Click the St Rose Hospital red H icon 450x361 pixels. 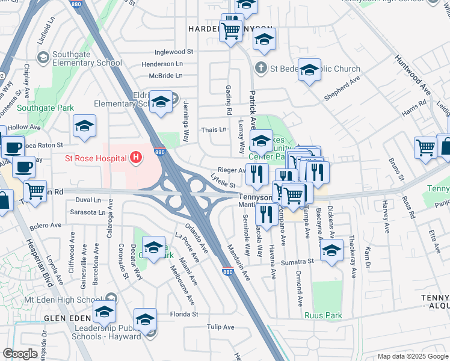click(137, 158)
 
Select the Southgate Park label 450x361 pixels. click(45, 108)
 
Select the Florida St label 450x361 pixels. click(183, 314)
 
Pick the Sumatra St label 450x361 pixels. click(299, 262)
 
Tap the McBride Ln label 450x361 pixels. click(166, 76)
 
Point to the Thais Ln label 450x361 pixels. click(214, 129)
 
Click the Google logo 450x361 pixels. click(20, 354)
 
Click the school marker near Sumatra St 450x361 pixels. click(331, 251)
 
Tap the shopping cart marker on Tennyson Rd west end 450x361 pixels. click(35, 191)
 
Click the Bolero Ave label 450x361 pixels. click(46, 226)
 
